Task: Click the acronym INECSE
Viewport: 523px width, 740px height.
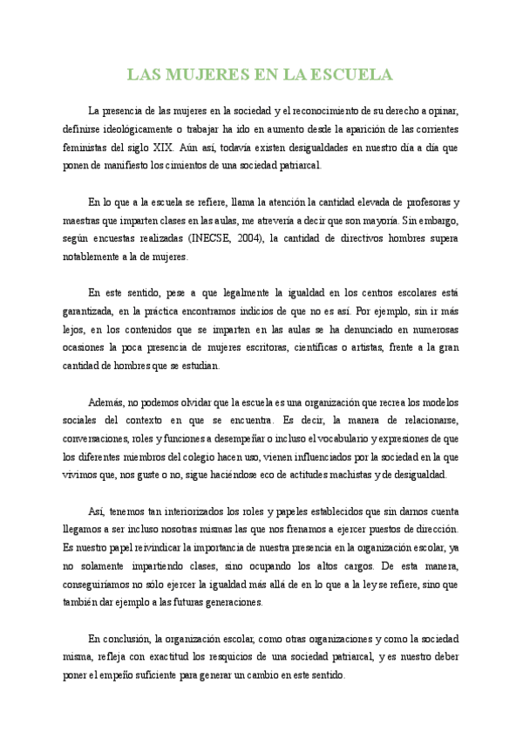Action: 209,238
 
